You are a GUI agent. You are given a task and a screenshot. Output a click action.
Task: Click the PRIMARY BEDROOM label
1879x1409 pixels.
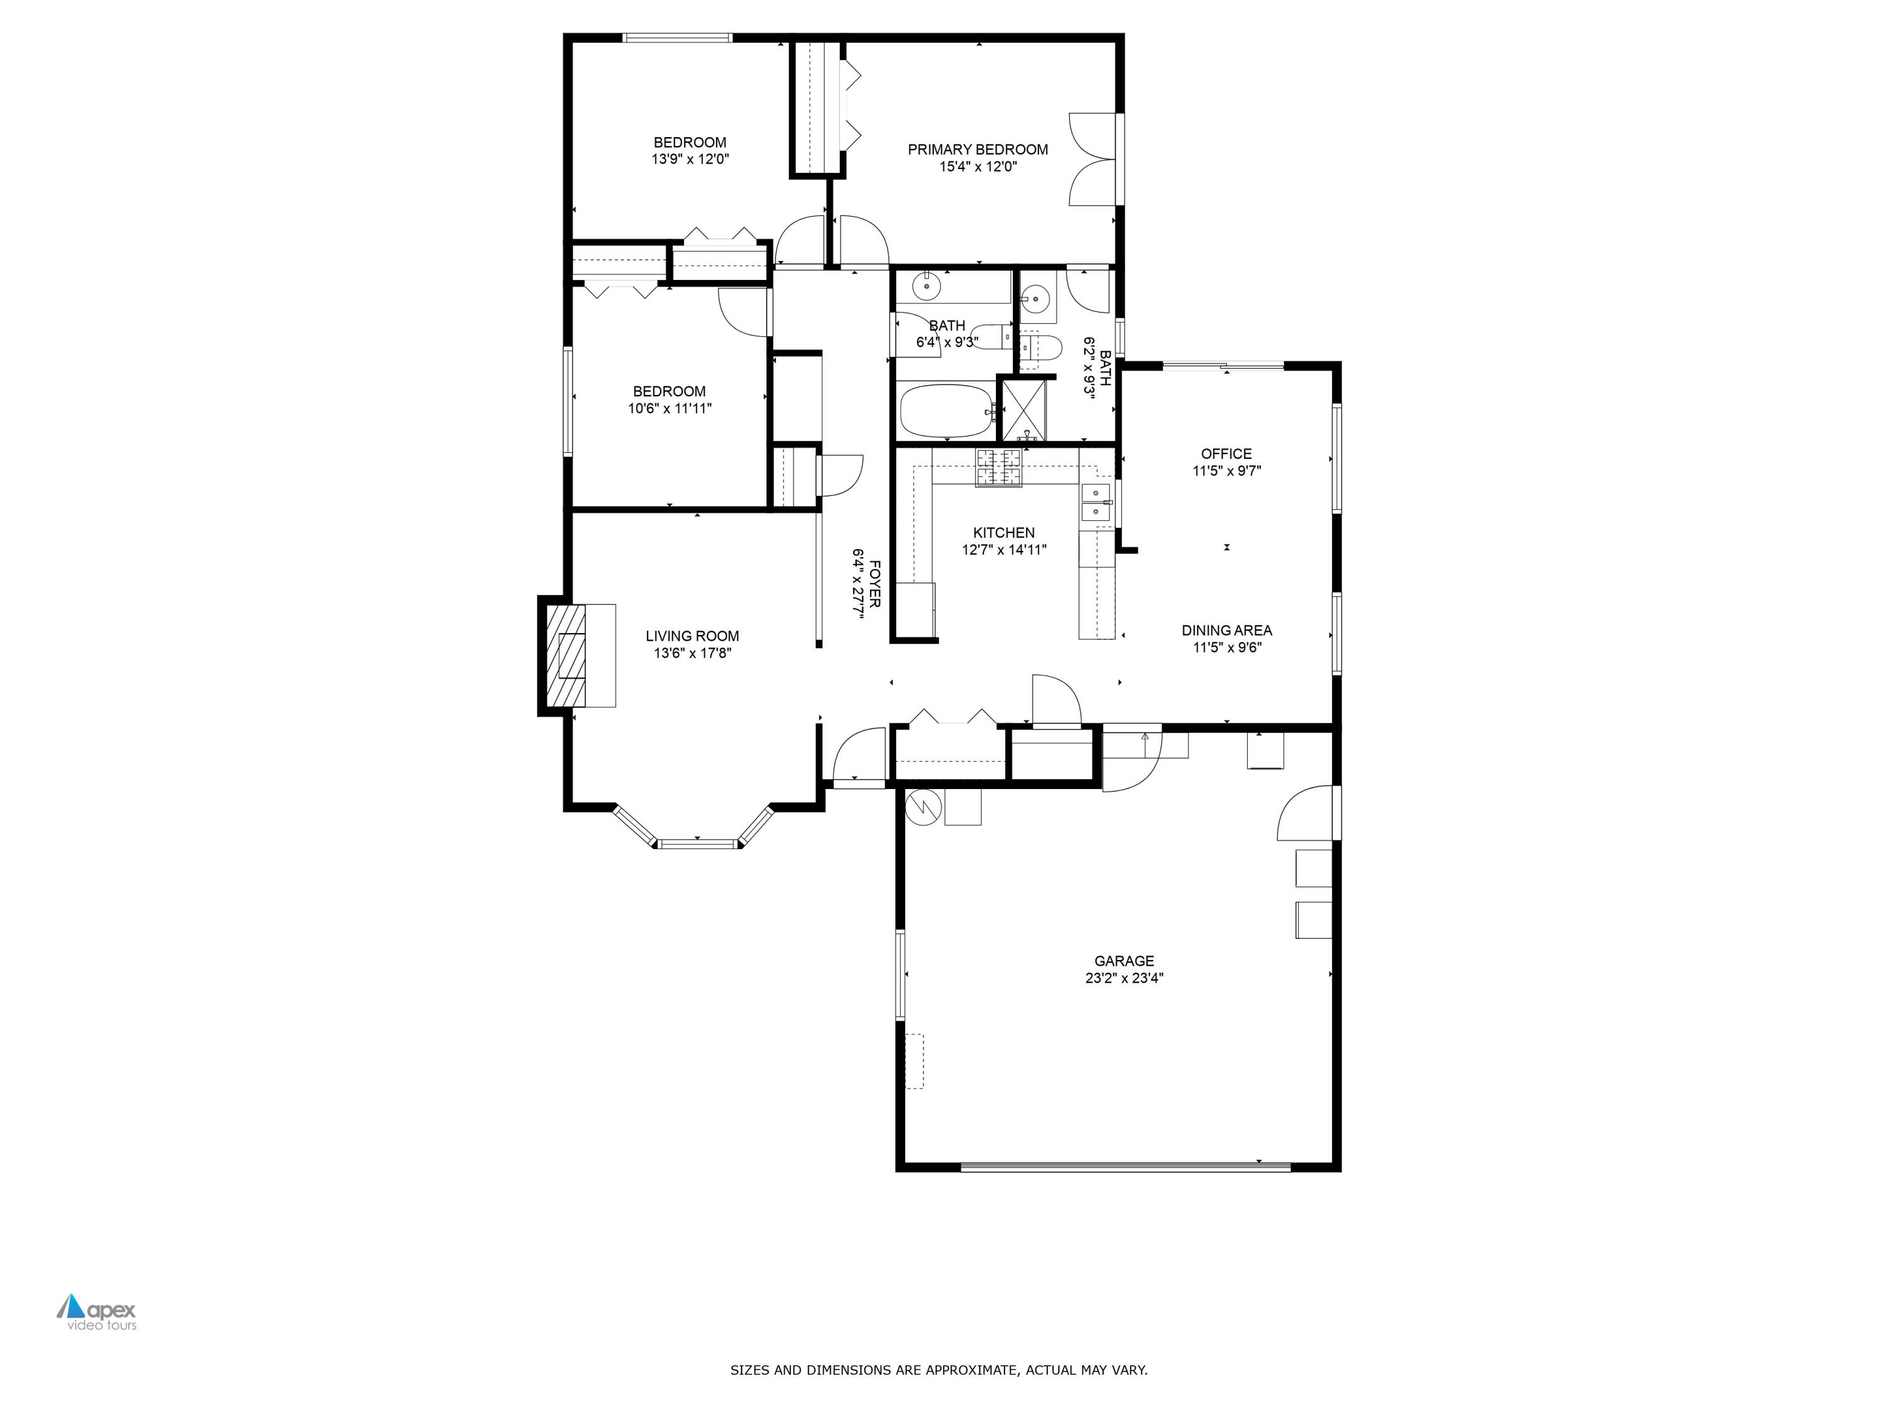978,150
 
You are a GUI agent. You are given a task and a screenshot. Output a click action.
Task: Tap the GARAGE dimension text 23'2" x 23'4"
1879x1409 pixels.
1124,978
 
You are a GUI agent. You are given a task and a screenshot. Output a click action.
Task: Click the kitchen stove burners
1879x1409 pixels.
998,467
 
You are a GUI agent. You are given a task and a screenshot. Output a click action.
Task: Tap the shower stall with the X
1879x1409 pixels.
1025,411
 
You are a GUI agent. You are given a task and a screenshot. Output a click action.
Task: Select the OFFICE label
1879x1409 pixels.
1226,453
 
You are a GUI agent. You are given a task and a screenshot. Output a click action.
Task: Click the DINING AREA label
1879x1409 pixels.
1226,630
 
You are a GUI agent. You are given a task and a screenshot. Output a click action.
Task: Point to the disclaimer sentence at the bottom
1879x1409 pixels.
939,1370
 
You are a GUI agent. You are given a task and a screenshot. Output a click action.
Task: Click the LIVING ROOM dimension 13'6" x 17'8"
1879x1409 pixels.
692,653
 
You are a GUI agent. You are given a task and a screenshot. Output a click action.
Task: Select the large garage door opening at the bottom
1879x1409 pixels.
1126,1167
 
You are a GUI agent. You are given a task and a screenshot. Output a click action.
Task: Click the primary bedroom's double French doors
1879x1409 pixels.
1092,159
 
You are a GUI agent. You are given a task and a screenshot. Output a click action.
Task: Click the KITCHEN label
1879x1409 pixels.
1003,532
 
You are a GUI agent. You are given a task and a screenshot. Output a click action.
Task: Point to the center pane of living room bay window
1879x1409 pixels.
697,844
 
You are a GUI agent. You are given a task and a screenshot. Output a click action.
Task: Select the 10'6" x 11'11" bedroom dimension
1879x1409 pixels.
670,408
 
